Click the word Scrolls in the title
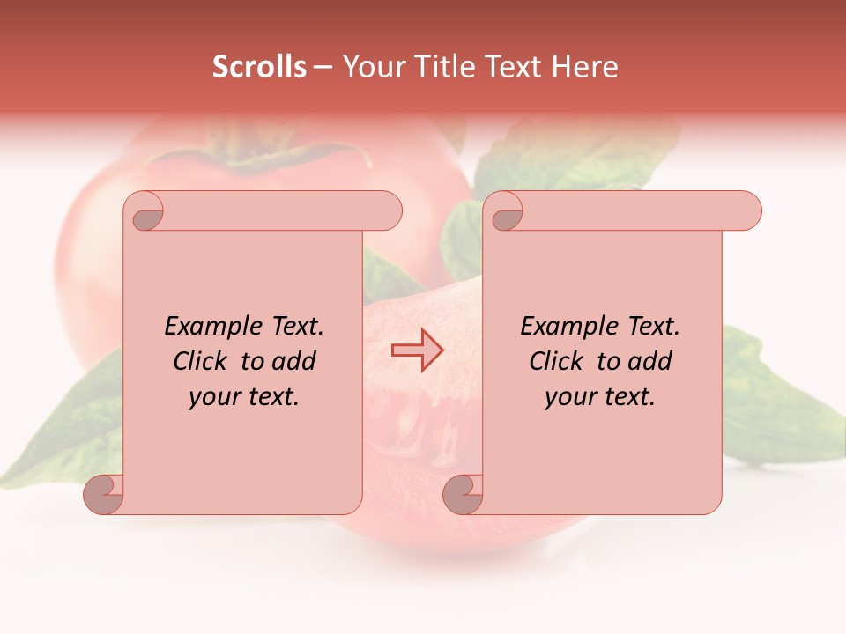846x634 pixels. coord(259,67)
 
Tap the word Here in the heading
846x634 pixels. coord(585,67)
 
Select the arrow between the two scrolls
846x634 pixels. coord(418,350)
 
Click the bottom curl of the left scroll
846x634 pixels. coord(104,493)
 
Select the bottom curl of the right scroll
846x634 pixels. coord(463,493)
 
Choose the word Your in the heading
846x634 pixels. coord(373,67)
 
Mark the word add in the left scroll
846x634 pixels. coord(295,361)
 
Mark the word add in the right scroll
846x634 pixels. coord(651,361)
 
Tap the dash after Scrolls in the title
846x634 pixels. coord(323,68)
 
